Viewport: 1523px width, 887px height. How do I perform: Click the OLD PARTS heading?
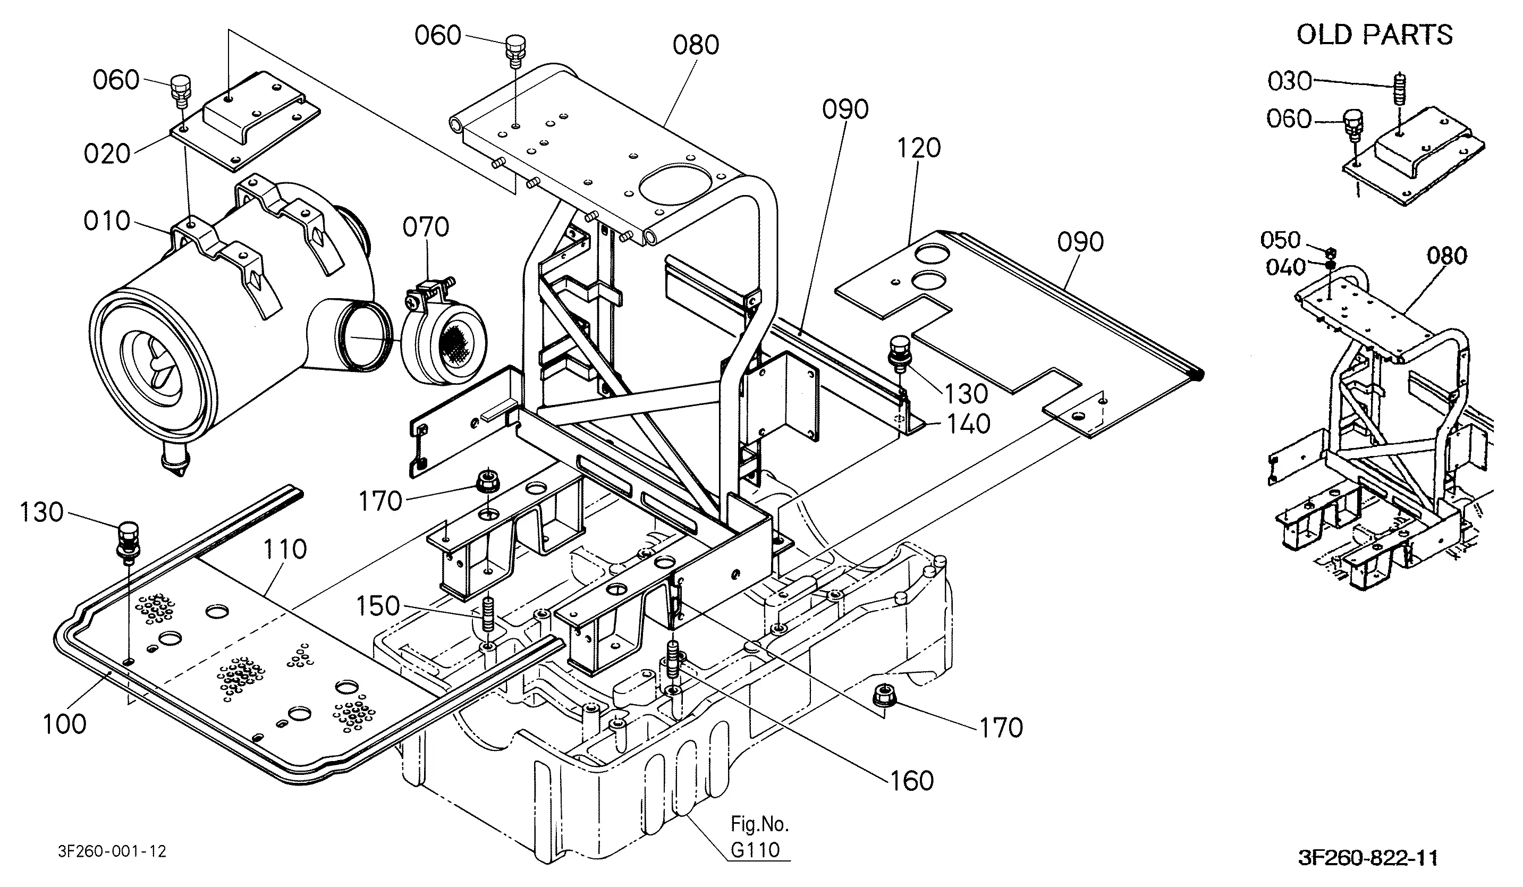pyautogui.click(x=1374, y=35)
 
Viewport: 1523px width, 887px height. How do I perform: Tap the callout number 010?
pyautogui.click(x=107, y=221)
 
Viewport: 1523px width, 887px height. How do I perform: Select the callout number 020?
pyautogui.click(x=107, y=154)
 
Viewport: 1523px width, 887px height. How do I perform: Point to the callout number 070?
pyautogui.click(x=426, y=227)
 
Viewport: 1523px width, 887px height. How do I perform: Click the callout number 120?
pyautogui.click(x=919, y=148)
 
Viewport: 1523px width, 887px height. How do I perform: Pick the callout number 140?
pyautogui.click(x=968, y=424)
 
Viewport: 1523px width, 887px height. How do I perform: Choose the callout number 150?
pyautogui.click(x=378, y=606)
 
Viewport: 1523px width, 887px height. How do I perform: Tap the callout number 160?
pyautogui.click(x=912, y=781)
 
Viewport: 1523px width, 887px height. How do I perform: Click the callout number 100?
pyautogui.click(x=65, y=724)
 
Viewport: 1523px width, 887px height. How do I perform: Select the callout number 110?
pyautogui.click(x=285, y=549)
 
